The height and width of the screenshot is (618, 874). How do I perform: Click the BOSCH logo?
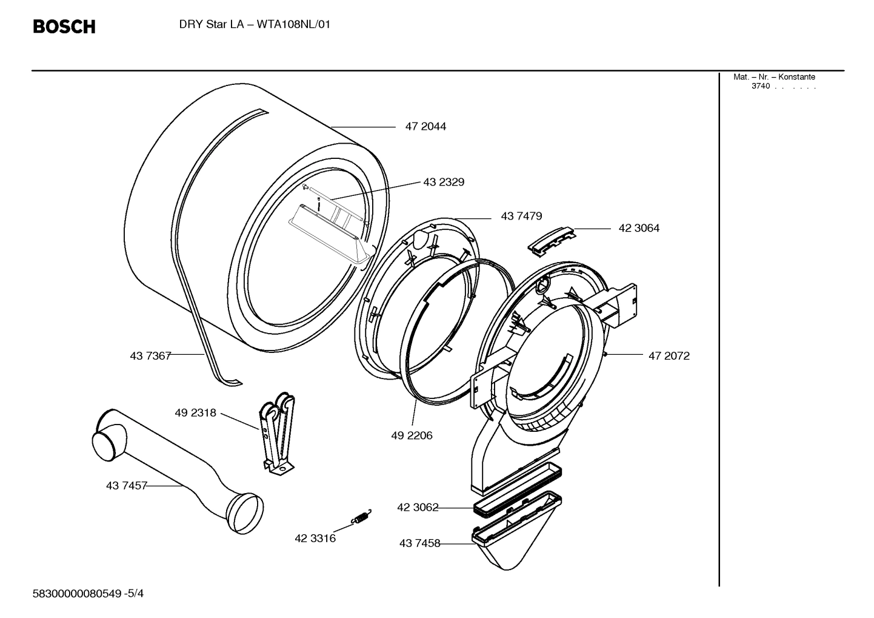click(64, 27)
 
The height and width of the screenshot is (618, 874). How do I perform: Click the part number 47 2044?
click(425, 127)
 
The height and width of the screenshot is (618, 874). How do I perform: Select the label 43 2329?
click(444, 182)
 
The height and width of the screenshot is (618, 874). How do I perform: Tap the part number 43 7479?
click(521, 216)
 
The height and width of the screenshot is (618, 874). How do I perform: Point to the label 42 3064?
click(639, 228)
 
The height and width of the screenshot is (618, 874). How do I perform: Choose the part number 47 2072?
click(669, 356)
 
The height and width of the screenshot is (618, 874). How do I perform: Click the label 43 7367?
click(150, 356)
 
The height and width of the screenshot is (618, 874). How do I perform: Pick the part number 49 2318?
click(195, 413)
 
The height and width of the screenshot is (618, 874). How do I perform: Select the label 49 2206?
click(412, 435)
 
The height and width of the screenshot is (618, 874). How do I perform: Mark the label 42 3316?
click(315, 538)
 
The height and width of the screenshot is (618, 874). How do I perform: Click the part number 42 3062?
click(418, 507)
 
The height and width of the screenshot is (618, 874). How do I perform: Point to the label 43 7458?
click(419, 543)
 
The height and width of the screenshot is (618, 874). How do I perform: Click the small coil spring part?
click(362, 517)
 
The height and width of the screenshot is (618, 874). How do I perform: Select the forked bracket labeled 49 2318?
click(277, 432)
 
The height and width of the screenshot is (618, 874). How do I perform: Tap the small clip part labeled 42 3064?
click(550, 240)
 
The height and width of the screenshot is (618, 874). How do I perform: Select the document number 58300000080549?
click(77, 594)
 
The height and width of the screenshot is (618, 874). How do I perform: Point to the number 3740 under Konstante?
click(761, 86)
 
